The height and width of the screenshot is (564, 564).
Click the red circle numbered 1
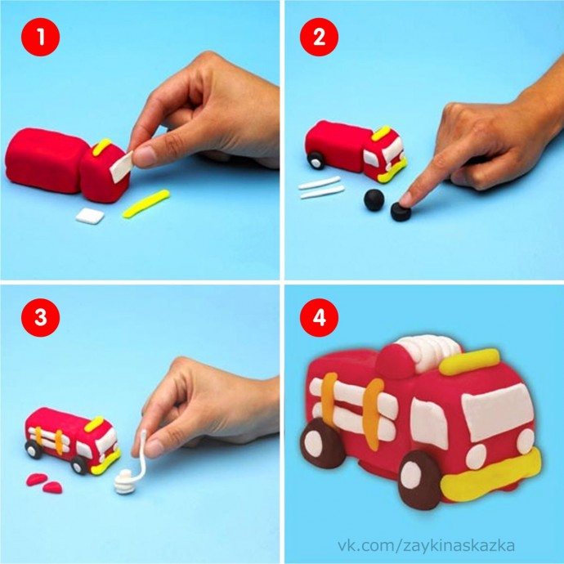click(x=40, y=37)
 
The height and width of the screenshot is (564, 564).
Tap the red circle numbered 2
click(x=319, y=37)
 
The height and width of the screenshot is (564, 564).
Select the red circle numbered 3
click(x=40, y=318)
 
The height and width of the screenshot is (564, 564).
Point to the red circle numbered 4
click(x=319, y=318)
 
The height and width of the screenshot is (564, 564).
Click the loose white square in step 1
click(x=90, y=216)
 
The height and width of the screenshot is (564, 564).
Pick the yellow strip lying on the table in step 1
click(x=146, y=204)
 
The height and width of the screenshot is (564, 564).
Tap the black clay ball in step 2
click(x=374, y=199)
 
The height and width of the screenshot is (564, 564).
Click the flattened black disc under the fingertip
click(x=401, y=212)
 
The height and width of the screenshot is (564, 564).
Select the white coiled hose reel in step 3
click(x=124, y=481)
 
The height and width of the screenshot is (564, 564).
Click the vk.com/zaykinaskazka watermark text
click(x=426, y=545)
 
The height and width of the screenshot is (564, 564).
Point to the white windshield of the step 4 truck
click(x=498, y=411)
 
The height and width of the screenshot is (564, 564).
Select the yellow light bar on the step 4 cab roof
click(x=469, y=362)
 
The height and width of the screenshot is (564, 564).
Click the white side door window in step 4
click(x=429, y=423)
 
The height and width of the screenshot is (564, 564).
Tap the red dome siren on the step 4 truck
click(x=395, y=361)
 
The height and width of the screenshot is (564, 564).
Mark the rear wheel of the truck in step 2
click(x=316, y=160)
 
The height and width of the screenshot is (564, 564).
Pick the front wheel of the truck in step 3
click(x=78, y=466)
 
